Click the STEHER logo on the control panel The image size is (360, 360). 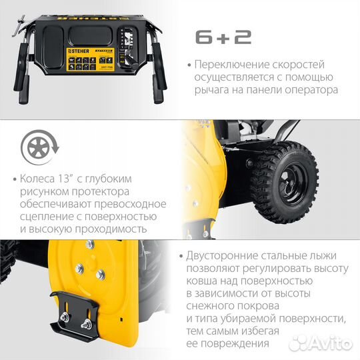tap(79, 51)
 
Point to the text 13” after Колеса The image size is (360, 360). tap(67, 179)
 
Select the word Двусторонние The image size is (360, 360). tap(225, 256)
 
